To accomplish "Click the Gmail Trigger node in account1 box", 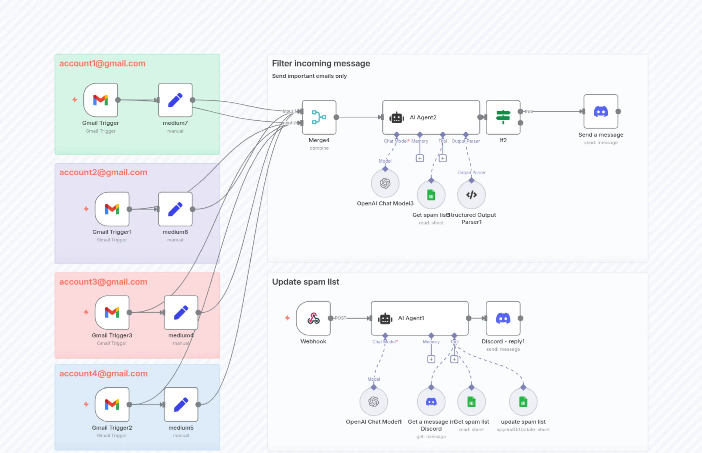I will pyautogui.click(x=101, y=100).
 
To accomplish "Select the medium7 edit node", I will pyautogui.click(x=175, y=100).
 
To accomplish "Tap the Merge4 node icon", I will pyautogui.click(x=319, y=117).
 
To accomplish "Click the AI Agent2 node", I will pyautogui.click(x=431, y=117).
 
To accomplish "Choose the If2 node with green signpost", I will pyautogui.click(x=503, y=117).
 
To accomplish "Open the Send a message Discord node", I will pyautogui.click(x=601, y=111).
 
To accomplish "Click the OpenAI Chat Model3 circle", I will pyautogui.click(x=385, y=183).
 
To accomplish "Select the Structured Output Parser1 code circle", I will pyautogui.click(x=471, y=195).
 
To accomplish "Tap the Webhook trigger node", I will pyautogui.click(x=313, y=318).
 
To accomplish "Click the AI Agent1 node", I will pyautogui.click(x=419, y=318).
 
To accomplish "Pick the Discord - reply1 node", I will pyautogui.click(x=503, y=318).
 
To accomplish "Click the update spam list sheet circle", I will pyautogui.click(x=523, y=402).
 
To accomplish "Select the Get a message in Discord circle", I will pyautogui.click(x=431, y=402).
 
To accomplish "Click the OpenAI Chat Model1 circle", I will pyautogui.click(x=373, y=402).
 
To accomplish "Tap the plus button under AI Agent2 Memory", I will pyautogui.click(x=420, y=158).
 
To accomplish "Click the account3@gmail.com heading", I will pyautogui.click(x=103, y=282).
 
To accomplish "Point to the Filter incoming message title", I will pyautogui.click(x=321, y=63).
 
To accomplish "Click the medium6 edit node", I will pyautogui.click(x=175, y=209).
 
